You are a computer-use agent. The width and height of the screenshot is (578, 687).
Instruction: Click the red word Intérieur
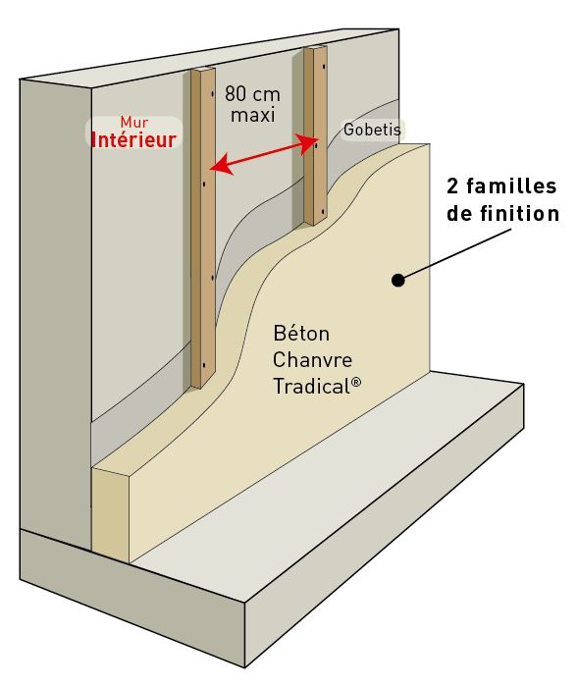point(133,139)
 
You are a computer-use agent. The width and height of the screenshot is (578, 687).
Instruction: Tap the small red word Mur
point(134,122)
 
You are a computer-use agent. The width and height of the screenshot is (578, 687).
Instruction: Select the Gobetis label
point(372,130)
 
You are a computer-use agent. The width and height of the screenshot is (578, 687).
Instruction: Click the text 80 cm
point(252,94)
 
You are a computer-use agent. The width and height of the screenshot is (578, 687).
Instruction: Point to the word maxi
point(253,115)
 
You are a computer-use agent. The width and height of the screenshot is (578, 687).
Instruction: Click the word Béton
point(301,334)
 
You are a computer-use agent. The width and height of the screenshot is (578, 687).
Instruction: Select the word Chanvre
point(312,360)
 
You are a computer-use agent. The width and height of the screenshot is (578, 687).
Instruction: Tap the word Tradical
point(311,387)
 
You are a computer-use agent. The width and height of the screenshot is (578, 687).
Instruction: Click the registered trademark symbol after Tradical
point(356,382)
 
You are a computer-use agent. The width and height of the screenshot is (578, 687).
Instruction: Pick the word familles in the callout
point(511,186)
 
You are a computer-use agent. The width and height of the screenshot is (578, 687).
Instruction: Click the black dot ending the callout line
point(397,280)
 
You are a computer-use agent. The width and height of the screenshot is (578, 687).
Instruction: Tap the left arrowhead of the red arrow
point(219,165)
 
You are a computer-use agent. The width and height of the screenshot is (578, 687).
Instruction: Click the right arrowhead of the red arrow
point(308,143)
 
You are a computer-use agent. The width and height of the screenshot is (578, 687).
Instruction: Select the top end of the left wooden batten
point(203,70)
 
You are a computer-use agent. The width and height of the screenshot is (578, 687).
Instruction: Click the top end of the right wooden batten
point(316,48)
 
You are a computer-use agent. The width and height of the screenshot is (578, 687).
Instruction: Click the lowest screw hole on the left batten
point(204,365)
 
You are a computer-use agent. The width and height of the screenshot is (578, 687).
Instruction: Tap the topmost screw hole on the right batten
point(324,68)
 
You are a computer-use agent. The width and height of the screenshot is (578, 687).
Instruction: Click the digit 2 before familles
point(452,186)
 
